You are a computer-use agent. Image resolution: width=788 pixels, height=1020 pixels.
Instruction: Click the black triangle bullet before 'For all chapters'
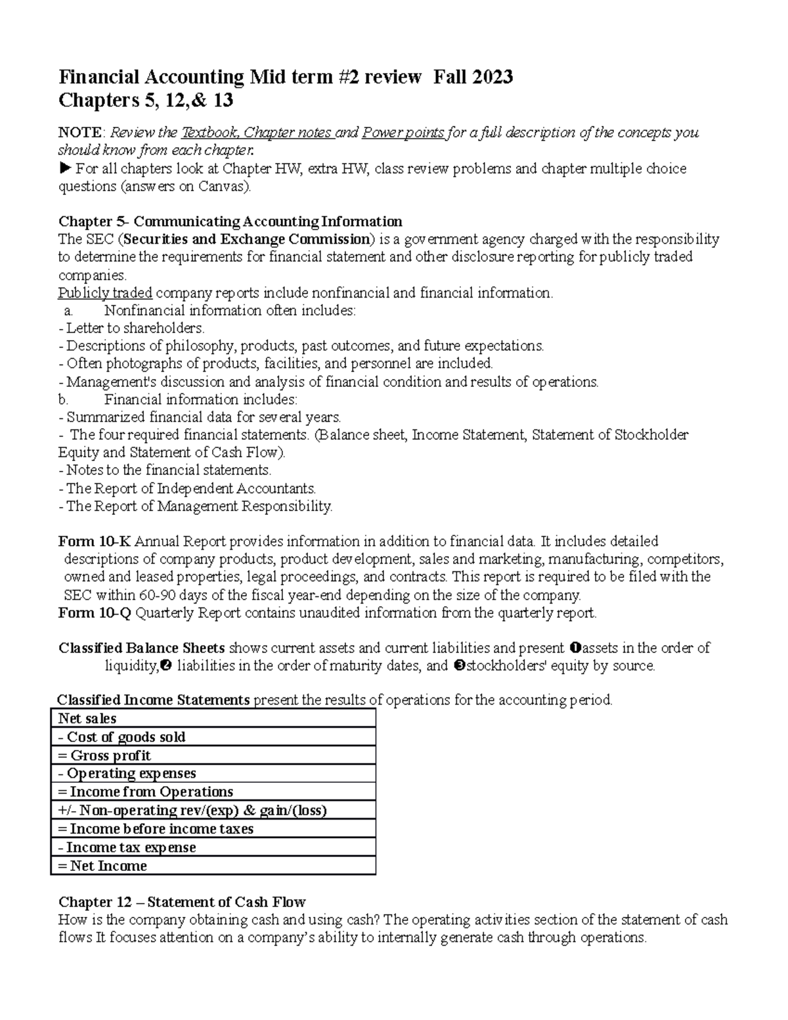coord(64,169)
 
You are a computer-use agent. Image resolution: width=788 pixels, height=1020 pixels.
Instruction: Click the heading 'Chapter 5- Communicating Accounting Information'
coord(230,221)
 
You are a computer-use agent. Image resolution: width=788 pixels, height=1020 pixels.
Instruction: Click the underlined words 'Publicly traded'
coord(105,293)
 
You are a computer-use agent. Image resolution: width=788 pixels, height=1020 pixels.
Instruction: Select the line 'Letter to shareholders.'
coord(135,328)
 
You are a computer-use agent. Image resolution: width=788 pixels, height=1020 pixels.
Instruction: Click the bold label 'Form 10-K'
coord(95,542)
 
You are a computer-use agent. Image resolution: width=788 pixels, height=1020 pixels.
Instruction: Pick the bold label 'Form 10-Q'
coord(95,613)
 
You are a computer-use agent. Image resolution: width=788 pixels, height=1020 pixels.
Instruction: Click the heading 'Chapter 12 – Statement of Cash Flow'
coord(182,902)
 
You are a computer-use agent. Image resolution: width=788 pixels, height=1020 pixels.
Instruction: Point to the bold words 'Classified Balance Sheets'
coord(142,648)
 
